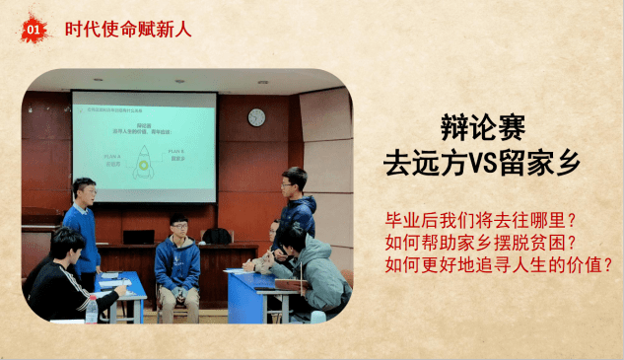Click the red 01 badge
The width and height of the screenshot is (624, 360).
(33, 30)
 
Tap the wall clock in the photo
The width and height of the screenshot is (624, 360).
(256, 117)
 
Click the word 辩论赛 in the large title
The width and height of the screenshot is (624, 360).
(483, 127)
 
